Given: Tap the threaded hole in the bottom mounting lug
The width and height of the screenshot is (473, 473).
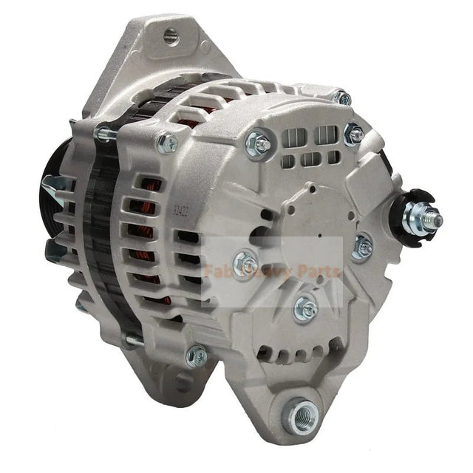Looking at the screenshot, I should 303,408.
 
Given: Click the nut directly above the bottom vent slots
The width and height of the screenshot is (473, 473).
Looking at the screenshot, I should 304,308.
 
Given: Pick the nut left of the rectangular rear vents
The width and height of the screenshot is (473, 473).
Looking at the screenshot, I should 260,138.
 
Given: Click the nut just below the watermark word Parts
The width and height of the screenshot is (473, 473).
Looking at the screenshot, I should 361,248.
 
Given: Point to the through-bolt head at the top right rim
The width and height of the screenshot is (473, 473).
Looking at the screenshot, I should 342,97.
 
